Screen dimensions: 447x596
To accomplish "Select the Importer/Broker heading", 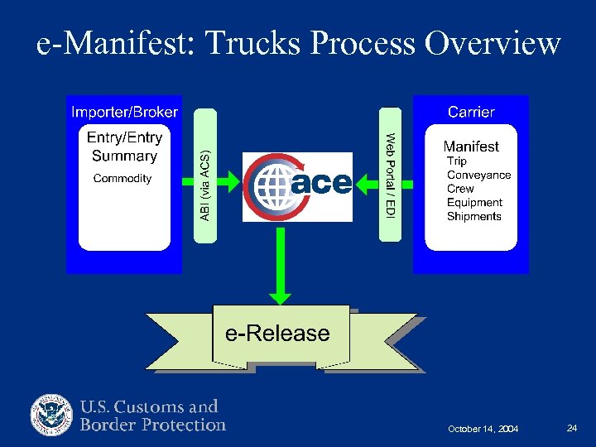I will (124, 112).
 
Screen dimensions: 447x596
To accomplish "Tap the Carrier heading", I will (471, 112).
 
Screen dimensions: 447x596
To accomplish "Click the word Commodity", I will (123, 178).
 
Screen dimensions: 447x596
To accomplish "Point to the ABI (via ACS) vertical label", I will (204, 185).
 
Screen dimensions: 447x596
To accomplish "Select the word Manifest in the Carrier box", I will (471, 147).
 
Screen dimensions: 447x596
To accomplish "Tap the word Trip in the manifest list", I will (457, 161).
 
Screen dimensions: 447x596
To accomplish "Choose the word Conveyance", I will (479, 175).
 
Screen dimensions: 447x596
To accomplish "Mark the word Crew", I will (460, 189).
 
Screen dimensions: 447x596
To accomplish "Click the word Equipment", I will (475, 202).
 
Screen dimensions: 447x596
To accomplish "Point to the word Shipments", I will (474, 216).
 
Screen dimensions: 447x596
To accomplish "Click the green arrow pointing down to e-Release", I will (281, 265).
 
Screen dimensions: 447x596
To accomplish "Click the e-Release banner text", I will (278, 334).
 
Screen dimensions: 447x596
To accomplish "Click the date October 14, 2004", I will (483, 429).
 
